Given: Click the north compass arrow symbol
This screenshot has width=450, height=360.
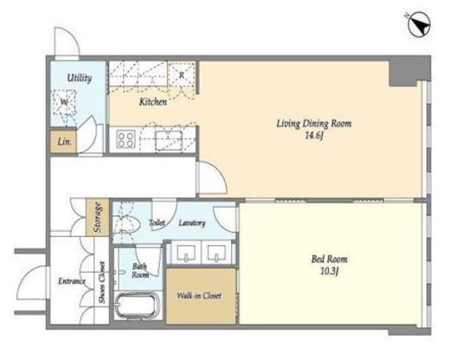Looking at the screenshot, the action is coord(420,26).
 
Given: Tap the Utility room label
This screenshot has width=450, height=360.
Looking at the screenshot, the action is coord(80,78).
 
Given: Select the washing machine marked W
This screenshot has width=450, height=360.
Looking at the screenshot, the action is coord(64,102).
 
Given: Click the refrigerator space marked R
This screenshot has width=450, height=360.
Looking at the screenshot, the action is coord(182,74).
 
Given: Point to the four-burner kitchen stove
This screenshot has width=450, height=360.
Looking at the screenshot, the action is coord(126,139).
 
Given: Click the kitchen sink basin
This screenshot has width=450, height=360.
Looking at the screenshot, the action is coord(169,140).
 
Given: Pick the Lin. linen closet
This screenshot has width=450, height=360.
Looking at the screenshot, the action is coord(64,142).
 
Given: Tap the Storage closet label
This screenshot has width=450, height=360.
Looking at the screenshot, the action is coord(98,217).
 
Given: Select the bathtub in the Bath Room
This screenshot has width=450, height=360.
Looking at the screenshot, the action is coord(138,306).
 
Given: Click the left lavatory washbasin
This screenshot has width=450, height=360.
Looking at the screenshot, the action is coord(186,253).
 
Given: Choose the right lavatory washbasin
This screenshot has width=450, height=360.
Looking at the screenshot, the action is coord(216,253).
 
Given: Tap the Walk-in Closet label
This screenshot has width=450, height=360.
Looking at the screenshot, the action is coord(199,296).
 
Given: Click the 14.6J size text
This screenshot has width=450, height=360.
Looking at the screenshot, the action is coord(313,136).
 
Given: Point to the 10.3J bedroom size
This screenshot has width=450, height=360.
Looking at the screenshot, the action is coord(329,272).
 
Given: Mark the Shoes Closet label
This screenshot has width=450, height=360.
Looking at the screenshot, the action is coord(102,282).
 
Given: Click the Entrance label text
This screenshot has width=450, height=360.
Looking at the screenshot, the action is coord(72,281).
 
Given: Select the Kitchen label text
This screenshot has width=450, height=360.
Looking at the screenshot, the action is coord(153,102).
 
